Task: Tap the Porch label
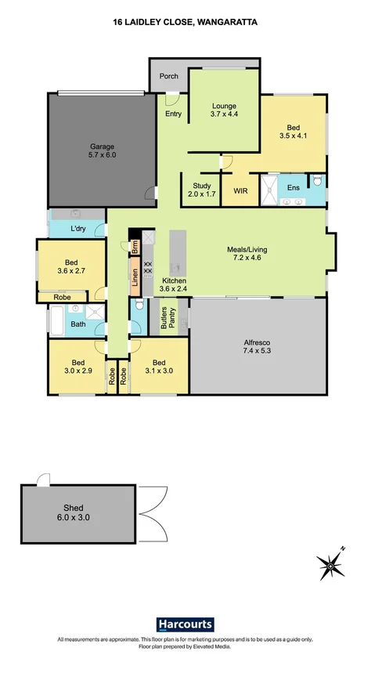[x=168, y=76]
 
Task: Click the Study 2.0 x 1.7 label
[x=200, y=190]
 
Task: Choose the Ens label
[x=293, y=188]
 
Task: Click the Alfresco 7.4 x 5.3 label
[x=256, y=347]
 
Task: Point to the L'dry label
[x=78, y=229]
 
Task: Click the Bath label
[x=78, y=323]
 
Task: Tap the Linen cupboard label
[x=135, y=279]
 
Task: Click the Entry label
[x=173, y=114]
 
